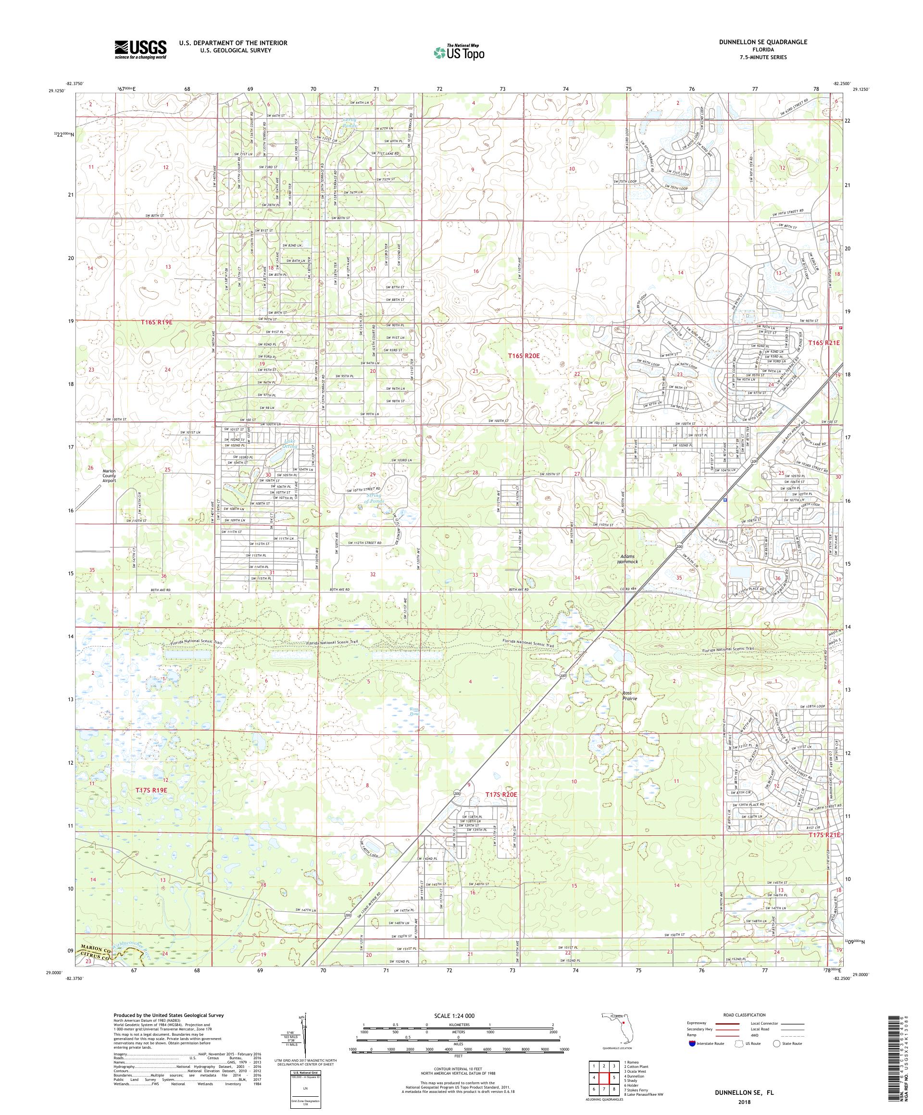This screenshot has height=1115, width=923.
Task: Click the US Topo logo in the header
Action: click(x=460, y=52)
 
